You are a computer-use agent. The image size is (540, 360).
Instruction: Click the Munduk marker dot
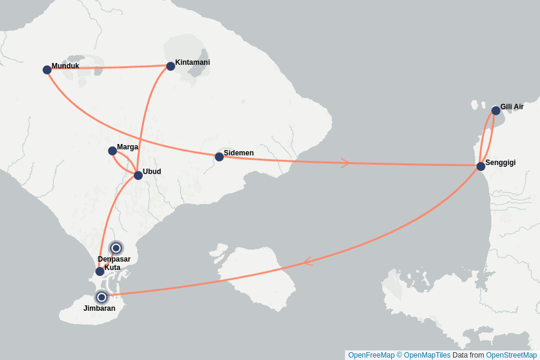[x=47, y=70]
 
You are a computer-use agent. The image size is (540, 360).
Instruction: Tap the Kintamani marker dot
[x=170, y=66]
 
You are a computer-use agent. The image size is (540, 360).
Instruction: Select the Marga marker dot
[x=112, y=151]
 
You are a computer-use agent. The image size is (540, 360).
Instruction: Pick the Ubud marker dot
[x=138, y=175]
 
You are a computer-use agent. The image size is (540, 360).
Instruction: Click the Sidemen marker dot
[x=219, y=157]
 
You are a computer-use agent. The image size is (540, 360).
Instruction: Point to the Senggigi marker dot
[x=481, y=166]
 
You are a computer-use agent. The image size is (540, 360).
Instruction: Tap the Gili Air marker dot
[x=496, y=110]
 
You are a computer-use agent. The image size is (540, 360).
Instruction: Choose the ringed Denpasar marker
[x=116, y=248]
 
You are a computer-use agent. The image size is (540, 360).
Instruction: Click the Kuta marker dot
[x=100, y=271]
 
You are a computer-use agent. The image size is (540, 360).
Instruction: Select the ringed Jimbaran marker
[x=101, y=297]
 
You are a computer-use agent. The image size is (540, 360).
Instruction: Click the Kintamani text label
[x=192, y=62]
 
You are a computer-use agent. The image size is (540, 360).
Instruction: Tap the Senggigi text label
[x=500, y=163]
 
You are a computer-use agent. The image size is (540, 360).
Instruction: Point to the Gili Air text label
[x=512, y=107]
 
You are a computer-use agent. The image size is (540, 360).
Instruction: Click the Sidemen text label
[x=239, y=153]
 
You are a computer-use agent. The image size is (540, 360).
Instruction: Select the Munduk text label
[x=65, y=66]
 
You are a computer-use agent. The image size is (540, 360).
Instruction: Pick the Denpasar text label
[x=114, y=259]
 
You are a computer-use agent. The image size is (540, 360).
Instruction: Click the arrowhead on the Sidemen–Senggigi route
[x=345, y=163]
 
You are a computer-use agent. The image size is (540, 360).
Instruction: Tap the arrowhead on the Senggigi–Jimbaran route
[x=307, y=262]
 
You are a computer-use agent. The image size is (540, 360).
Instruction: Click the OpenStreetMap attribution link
[x=511, y=355]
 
